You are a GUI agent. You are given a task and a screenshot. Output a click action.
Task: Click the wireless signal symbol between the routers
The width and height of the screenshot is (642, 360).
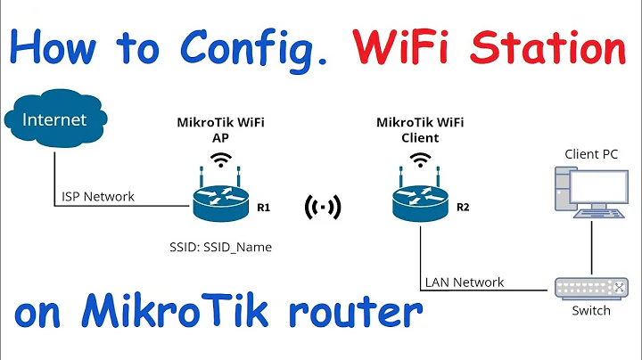click(x=323, y=208)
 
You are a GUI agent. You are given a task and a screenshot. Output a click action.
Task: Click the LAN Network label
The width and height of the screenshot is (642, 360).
click(x=464, y=282)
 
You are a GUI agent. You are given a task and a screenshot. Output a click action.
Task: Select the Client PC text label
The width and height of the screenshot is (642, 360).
click(x=591, y=153)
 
